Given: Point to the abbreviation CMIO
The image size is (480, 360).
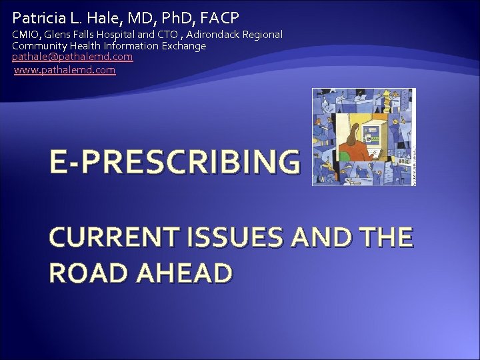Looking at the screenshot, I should point(25,34).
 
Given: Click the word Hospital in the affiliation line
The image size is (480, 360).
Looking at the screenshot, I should point(124,34).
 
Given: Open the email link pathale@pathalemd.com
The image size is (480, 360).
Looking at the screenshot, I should point(72,57).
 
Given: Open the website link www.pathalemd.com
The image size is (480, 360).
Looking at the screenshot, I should point(65,69).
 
